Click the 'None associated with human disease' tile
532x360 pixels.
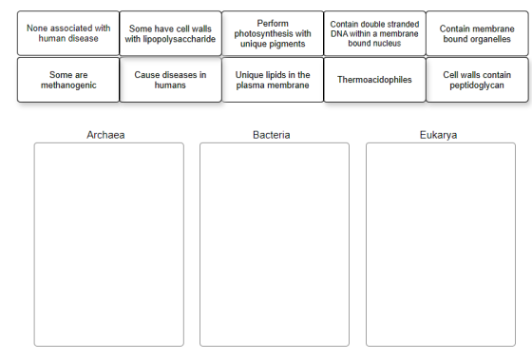click(x=68, y=33)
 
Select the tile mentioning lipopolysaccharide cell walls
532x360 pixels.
click(x=170, y=33)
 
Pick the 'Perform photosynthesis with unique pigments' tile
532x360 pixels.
click(x=273, y=33)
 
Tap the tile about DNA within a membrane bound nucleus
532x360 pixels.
click(x=374, y=33)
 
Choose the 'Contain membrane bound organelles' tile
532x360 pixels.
click(x=477, y=33)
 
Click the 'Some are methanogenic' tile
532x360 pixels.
click(x=68, y=80)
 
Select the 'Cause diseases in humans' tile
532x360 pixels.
click(x=170, y=80)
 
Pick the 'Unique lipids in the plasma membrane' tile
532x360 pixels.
click(x=273, y=80)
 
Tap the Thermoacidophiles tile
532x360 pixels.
click(x=374, y=80)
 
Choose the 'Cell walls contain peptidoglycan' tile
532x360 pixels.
click(x=477, y=80)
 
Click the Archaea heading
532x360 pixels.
click(x=105, y=135)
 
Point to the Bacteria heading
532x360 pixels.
click(x=272, y=135)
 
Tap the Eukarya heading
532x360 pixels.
click(x=438, y=135)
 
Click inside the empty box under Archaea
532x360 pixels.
click(x=109, y=244)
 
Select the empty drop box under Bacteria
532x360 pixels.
click(x=275, y=244)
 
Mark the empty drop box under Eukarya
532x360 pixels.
click(x=441, y=244)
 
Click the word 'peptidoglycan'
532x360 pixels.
click(x=477, y=85)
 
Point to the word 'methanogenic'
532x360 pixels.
click(x=68, y=85)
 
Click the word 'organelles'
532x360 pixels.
click(x=493, y=39)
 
